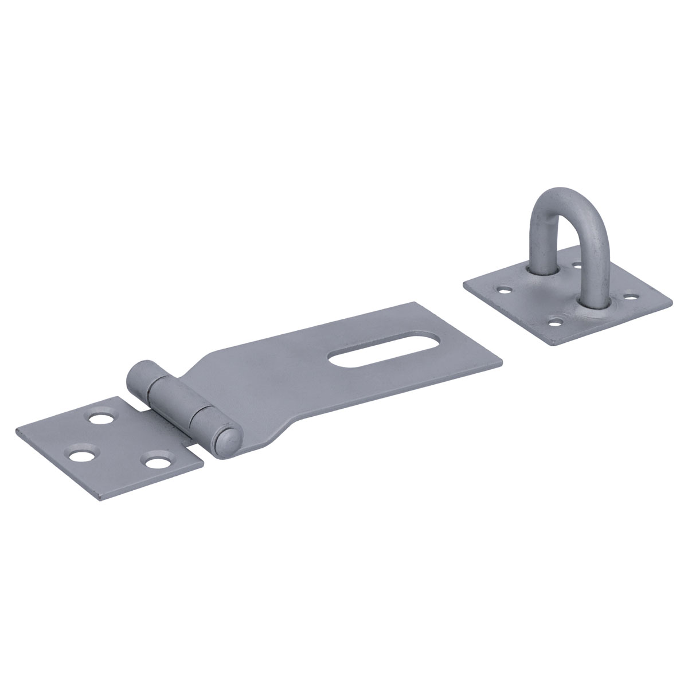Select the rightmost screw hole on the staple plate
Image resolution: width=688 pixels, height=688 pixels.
tap(631, 298)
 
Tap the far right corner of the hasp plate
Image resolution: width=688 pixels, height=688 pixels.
tap(502, 361)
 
